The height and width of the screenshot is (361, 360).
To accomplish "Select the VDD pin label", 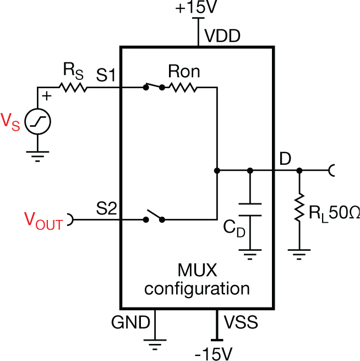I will (223, 36).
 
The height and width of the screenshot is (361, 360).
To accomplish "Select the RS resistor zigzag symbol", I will (74, 87).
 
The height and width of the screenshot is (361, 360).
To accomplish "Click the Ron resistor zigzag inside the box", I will (184, 87).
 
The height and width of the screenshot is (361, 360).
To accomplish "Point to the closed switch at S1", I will (154, 87).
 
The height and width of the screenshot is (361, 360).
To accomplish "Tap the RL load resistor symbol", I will (299, 208).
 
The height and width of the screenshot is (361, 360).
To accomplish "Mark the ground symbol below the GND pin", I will (155, 344).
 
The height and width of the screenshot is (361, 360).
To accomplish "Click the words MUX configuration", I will (197, 280).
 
